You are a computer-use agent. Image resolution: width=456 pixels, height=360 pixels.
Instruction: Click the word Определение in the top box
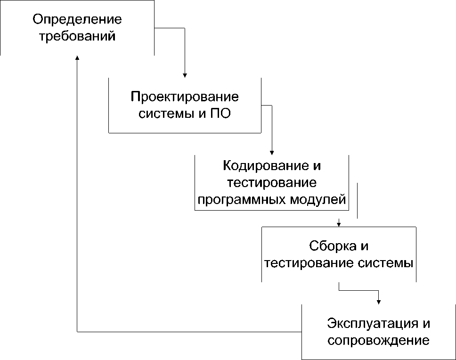(x=77, y=20)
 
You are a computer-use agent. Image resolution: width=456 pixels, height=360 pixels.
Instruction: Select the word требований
(x=77, y=37)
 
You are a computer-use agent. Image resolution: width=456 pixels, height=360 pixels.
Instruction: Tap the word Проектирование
(x=185, y=97)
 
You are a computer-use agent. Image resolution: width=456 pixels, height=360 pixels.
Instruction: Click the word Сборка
(x=329, y=246)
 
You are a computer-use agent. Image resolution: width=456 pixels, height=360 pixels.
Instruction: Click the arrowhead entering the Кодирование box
(x=272, y=152)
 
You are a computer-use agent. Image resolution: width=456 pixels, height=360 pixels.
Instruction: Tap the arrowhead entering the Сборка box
(x=339, y=223)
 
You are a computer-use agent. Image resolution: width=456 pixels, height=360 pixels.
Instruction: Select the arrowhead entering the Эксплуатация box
(x=378, y=301)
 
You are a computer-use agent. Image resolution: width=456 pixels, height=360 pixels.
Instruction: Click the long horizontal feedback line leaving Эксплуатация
(x=188, y=332)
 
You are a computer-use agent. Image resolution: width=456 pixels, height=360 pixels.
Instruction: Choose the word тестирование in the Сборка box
(x=314, y=263)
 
